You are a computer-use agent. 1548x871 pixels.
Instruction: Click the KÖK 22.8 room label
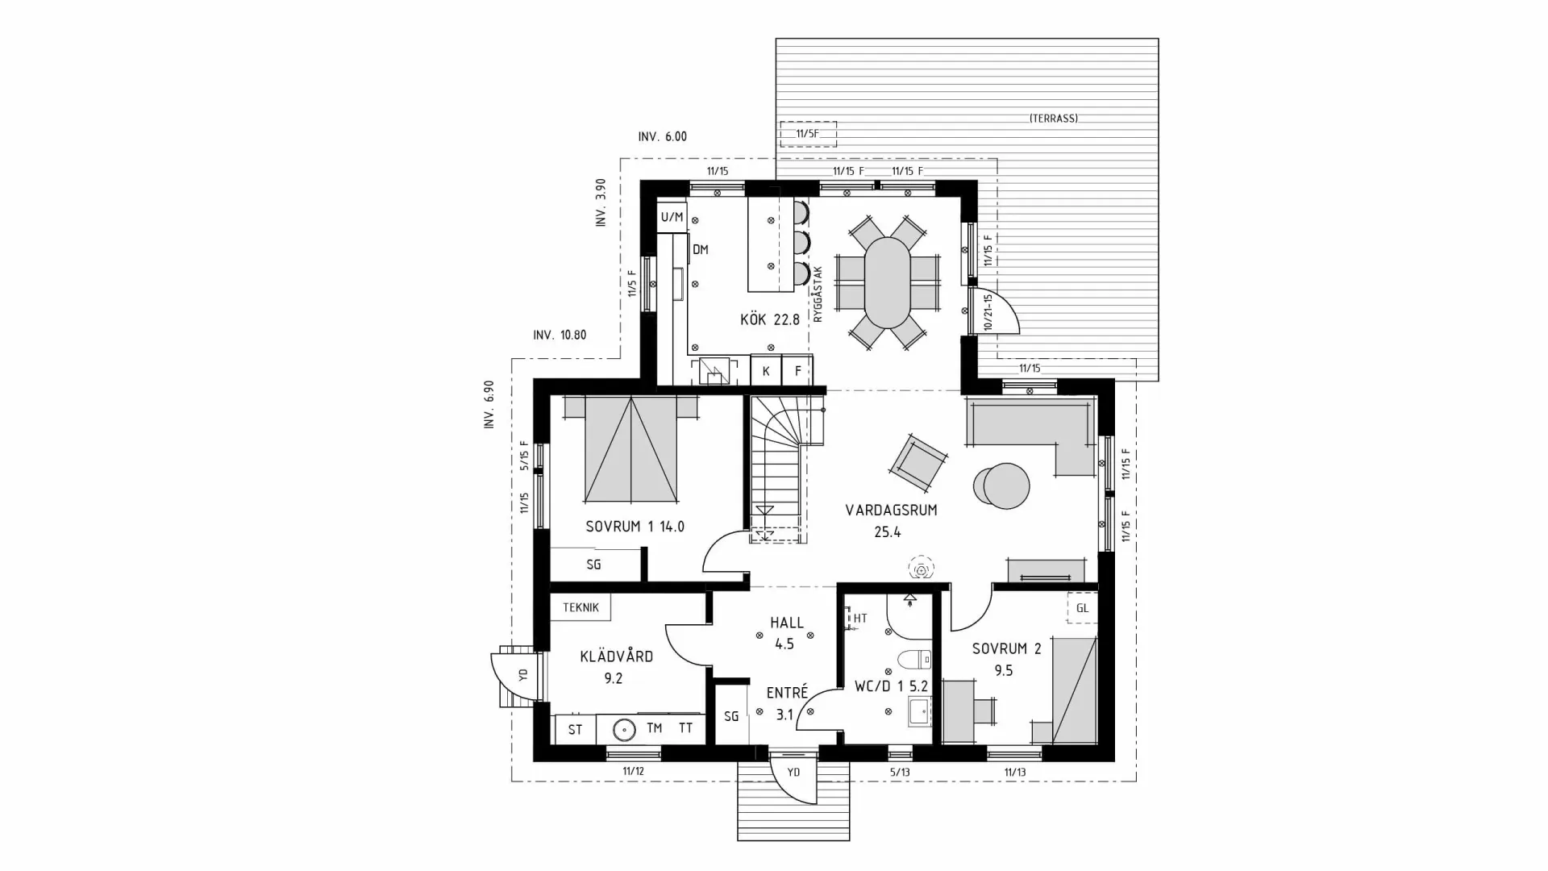pos(770,320)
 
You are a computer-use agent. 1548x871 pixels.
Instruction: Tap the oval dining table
pos(887,281)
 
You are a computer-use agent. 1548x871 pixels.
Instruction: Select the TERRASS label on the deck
pos(1053,119)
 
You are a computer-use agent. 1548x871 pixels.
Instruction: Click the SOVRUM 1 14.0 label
pos(635,527)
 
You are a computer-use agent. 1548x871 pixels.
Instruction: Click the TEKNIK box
pos(580,607)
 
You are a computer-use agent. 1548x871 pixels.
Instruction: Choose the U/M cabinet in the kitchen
pos(672,218)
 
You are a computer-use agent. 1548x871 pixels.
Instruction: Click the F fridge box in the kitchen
pos(798,372)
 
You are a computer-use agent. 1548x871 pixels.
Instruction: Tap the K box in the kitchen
pos(766,372)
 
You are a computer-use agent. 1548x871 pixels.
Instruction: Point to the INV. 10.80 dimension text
pos(560,335)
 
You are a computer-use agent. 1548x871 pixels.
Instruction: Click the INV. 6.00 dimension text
pos(662,137)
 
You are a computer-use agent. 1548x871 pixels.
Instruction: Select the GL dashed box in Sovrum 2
pos(1082,608)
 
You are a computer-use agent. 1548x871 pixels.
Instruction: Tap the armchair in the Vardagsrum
pos(918,462)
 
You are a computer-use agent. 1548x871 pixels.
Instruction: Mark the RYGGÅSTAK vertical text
pos(818,295)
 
